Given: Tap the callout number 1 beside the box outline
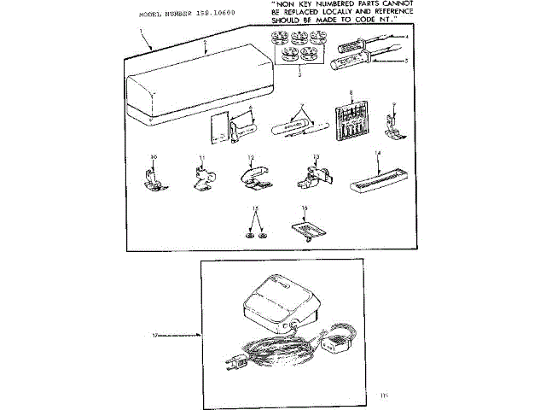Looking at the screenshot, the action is coord(142,31).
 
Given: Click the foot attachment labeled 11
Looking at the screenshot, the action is coord(201,176).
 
